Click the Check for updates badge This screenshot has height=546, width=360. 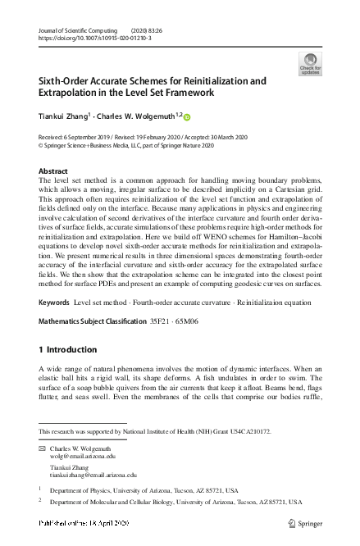pos(311,63)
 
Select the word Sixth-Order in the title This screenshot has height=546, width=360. pos(68,82)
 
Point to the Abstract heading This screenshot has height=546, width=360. pos(54,171)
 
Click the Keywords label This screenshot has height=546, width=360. pos(55,326)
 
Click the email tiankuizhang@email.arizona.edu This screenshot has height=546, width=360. pos(93,474)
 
